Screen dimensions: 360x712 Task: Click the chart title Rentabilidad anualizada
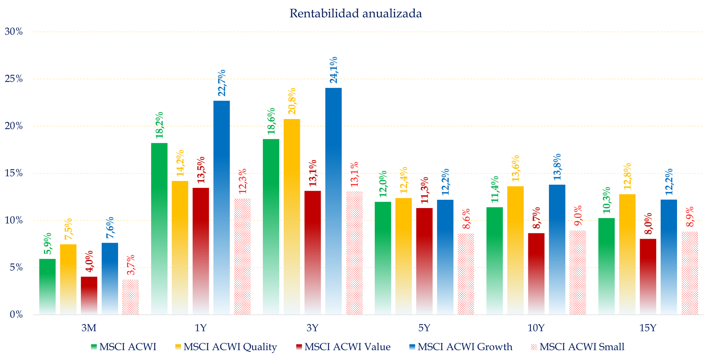point(356,14)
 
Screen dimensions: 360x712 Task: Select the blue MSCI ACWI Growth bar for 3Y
point(333,202)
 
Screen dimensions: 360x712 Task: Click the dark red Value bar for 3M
point(89,295)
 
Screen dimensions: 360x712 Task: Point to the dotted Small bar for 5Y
point(466,274)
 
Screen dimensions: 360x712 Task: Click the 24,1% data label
point(334,70)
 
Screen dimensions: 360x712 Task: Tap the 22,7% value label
point(222,83)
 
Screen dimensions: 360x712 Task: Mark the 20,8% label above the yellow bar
point(292,101)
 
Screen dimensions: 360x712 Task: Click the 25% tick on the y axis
point(14,79)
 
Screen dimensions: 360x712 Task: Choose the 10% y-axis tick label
point(14,221)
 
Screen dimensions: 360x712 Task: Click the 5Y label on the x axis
point(424,328)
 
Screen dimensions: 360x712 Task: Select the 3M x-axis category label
point(89,328)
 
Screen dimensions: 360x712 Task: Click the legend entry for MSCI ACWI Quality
point(230,347)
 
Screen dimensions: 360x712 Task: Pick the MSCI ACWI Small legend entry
point(582,347)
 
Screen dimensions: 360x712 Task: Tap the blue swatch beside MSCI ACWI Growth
point(412,347)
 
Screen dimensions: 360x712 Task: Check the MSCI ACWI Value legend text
point(347,347)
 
